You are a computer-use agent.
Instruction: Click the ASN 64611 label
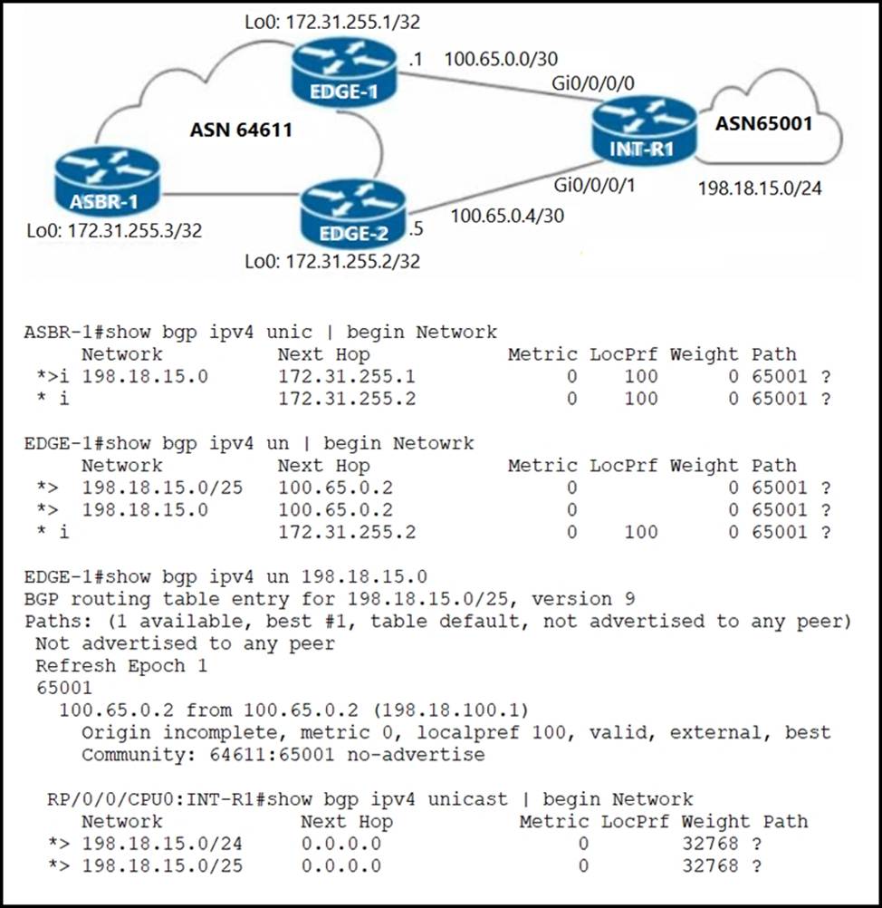tap(241, 130)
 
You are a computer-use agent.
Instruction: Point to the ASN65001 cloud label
tap(764, 123)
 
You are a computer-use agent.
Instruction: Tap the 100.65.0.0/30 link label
tap(501, 60)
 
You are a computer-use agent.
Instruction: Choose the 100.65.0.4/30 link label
tap(507, 217)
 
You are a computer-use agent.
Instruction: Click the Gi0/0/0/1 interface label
tap(595, 186)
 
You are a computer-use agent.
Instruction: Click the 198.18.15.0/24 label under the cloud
tap(765, 189)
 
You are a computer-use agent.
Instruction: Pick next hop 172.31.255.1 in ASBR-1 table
tap(347, 376)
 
